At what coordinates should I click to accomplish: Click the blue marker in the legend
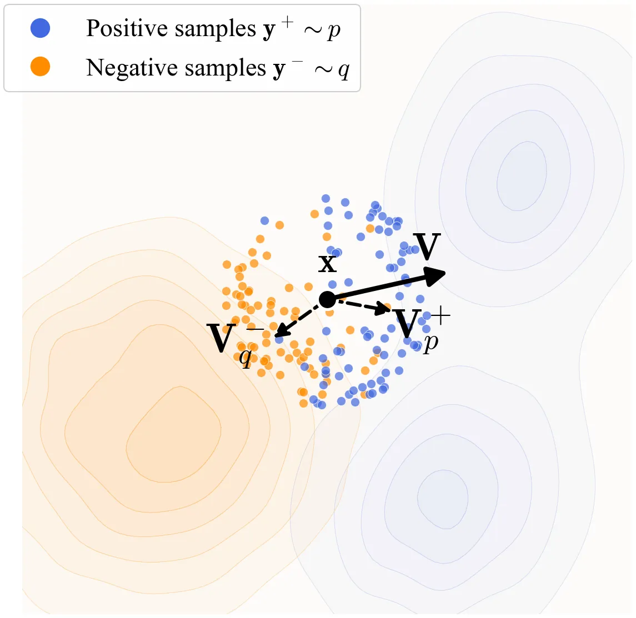point(41,28)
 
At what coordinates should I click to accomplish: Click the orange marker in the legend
point(41,67)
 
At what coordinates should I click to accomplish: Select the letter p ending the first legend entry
point(334,30)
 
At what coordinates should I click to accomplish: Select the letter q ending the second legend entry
point(344,70)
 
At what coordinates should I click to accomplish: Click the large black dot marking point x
point(327,299)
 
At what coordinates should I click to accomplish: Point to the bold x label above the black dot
point(328,263)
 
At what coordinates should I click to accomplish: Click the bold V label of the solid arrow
point(427,247)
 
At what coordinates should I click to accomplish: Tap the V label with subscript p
point(408,325)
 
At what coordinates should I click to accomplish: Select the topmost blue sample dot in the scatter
point(325,199)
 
